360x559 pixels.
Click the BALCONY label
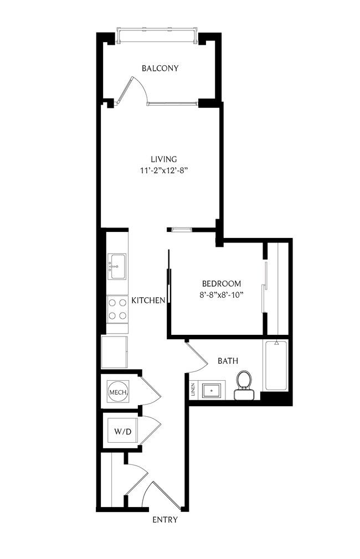coord(160,69)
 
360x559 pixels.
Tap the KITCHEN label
coord(148,301)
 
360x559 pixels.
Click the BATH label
coord(228,361)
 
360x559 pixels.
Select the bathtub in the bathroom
coord(275,366)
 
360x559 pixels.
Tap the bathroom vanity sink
coord(211,390)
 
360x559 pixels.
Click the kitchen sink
coord(117,266)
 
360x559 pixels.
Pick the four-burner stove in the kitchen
coord(117,309)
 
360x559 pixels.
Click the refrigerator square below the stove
coord(115,352)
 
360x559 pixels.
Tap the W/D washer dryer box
coord(122,431)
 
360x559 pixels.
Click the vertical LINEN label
coord(193,390)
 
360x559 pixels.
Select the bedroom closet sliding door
coord(265,288)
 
